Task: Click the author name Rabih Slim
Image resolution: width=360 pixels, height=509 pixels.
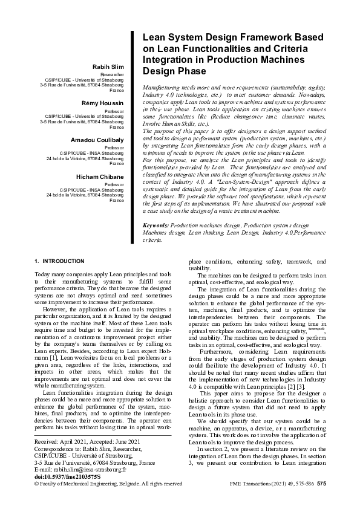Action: (109, 66)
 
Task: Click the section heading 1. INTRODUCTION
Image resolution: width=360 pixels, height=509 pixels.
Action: (59, 261)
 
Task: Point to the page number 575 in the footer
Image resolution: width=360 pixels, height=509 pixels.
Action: (322, 484)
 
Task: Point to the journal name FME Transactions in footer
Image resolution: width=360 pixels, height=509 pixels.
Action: (251, 484)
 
